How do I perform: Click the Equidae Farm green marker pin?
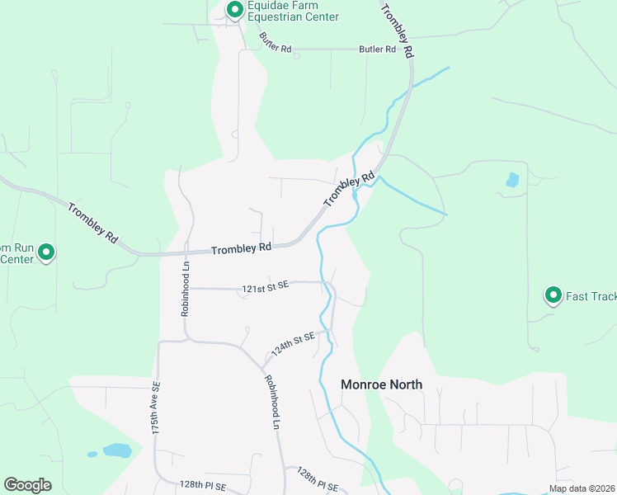235,10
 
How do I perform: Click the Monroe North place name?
382,384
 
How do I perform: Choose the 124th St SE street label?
293,344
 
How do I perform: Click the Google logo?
27,485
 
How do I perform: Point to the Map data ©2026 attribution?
582,488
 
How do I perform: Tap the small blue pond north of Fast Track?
512,179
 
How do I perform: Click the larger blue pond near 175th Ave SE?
117,450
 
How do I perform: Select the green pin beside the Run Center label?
46,252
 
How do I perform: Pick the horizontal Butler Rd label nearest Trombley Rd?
377,49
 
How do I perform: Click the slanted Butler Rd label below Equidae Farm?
276,42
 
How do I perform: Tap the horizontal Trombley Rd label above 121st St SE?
241,247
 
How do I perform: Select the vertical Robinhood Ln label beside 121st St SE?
186,289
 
